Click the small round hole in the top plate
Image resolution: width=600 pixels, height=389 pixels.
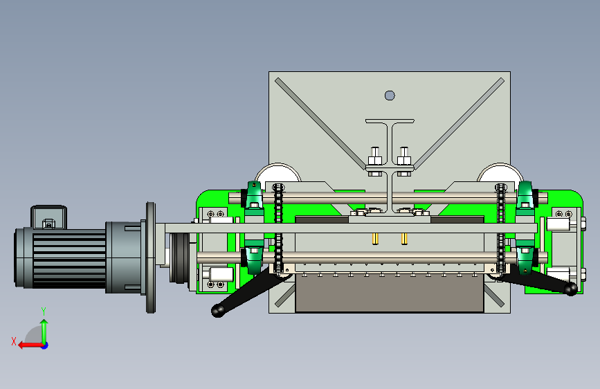coord(390,96)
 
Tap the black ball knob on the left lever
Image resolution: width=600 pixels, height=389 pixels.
coord(218,311)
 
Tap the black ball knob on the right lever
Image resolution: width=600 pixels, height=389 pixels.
coord(570,289)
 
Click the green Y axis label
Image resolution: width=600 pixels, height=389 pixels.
coord(44,311)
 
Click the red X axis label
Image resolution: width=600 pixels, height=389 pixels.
coord(14,341)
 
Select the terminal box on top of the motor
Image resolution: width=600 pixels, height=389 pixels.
coord(48,217)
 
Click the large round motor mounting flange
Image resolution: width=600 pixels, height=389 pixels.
coord(151,257)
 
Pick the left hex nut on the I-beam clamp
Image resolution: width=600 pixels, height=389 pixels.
coord(375,161)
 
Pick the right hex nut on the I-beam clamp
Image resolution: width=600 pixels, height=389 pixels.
coord(404,161)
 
